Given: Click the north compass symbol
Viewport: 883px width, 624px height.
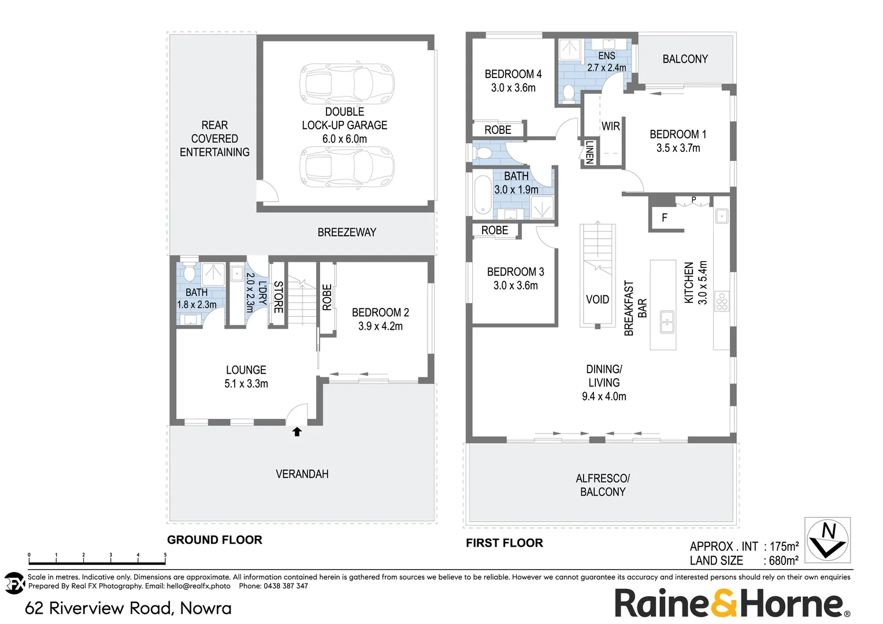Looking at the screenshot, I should coord(828,540).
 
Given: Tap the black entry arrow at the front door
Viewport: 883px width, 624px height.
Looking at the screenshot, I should coord(297,432).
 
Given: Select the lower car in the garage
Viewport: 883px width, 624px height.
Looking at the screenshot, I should coord(347,166).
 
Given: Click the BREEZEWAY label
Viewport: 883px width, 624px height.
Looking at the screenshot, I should coord(347,232).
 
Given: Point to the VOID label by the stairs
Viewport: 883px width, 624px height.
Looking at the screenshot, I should coord(598,299).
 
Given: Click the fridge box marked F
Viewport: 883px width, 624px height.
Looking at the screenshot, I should coord(665,218).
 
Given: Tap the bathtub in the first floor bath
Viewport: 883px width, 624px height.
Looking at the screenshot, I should coord(482,195).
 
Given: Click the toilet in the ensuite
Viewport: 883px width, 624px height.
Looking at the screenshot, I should coord(569,94).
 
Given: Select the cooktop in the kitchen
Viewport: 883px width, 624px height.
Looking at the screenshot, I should coord(722,302).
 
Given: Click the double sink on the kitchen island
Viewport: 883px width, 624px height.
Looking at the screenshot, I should coord(667,322).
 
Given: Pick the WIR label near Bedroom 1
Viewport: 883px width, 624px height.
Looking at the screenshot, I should coord(611,127).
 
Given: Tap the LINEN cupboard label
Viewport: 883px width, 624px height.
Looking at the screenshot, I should coord(589,153).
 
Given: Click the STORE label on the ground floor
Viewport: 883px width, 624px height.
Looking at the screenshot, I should coord(278,297).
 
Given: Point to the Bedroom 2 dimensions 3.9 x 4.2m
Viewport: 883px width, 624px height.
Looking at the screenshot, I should coord(380,326).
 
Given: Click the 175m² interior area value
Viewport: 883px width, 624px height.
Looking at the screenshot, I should coord(784,547).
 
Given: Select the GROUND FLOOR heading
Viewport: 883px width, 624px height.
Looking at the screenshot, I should coord(214,540).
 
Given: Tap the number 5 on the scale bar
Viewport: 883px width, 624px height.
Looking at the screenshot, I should coord(165,555).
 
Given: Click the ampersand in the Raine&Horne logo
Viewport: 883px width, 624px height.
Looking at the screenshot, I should coord(724,603).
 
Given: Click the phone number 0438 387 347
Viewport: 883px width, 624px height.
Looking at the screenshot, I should coord(286,586).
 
